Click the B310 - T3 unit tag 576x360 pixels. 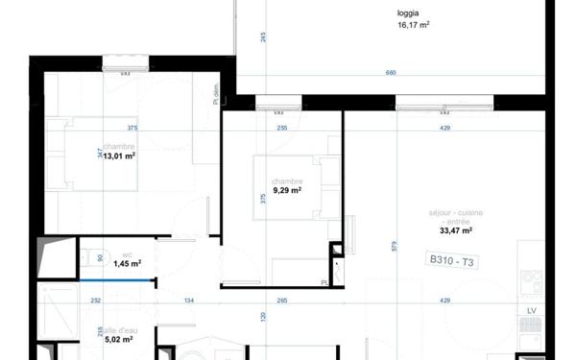point(453,260)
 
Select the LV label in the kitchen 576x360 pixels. point(531,312)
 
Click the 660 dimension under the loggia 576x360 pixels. point(390,74)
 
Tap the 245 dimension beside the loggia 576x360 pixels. point(263,36)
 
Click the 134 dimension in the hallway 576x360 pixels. point(189,300)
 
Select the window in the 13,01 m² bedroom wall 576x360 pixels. point(125,65)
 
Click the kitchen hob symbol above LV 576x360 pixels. point(531,283)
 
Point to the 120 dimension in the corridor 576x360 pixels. point(261,316)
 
